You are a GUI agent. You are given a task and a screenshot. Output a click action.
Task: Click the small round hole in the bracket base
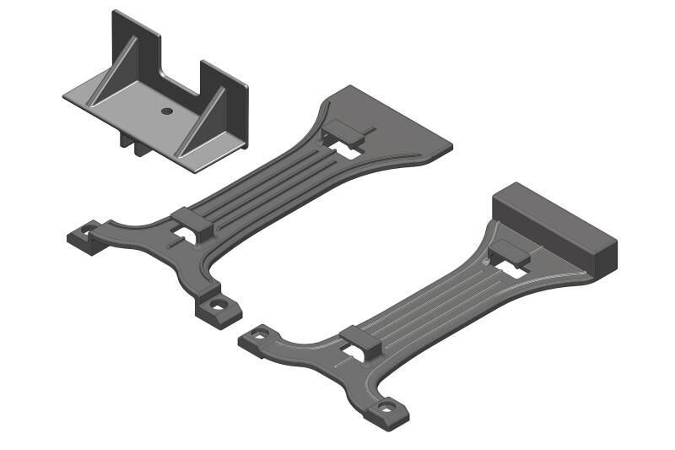166,111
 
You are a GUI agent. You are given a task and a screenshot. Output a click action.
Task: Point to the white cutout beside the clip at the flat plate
345,151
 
